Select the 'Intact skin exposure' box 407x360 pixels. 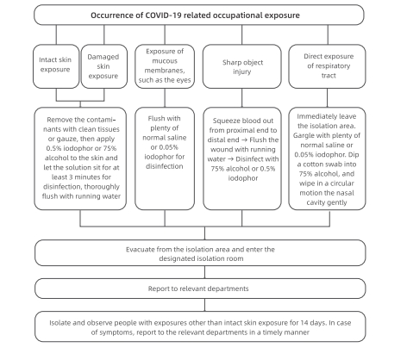point(56,66)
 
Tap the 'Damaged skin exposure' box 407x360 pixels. point(104,66)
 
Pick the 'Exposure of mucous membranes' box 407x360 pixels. point(165,66)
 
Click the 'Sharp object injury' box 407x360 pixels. point(242,66)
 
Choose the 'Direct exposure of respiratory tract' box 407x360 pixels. point(327,66)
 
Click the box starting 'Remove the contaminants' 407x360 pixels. point(80,158)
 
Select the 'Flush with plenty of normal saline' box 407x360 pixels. point(165,158)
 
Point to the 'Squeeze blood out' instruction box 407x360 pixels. point(242,158)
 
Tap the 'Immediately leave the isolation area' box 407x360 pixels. point(327,158)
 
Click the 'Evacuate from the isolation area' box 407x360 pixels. point(200,253)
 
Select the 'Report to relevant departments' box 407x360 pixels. point(200,289)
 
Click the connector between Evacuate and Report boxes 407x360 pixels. point(204,272)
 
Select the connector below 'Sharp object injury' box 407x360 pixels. point(242,98)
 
